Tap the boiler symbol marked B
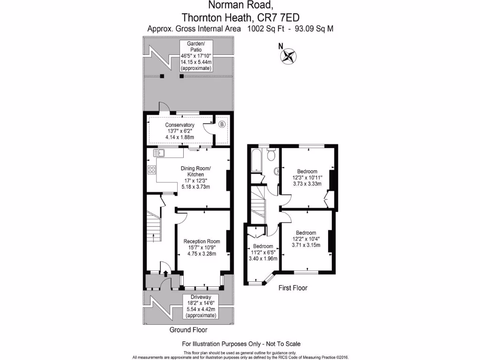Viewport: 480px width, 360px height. point(222,124)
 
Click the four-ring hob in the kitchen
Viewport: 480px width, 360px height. point(152,170)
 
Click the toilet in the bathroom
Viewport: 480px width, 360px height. point(270,154)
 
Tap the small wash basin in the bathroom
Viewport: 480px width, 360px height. point(276,172)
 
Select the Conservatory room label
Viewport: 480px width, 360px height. point(180,125)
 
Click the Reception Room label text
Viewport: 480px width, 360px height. point(202,241)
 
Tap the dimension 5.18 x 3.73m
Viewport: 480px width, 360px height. point(196,187)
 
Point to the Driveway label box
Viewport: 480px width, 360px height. point(201,307)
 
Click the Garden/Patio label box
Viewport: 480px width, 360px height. point(196,56)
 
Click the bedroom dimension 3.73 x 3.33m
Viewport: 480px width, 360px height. point(307,184)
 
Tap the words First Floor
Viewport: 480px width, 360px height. point(293,288)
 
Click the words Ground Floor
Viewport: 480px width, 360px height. point(188,330)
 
